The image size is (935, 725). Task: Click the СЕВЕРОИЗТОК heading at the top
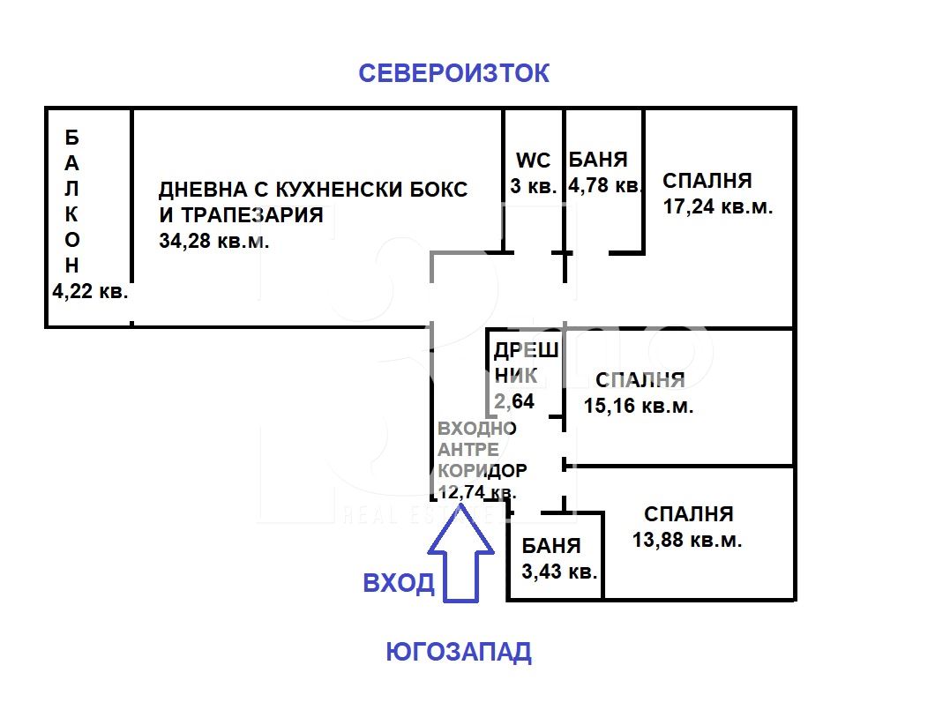click(x=453, y=73)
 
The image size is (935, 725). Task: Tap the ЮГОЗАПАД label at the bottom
click(x=459, y=653)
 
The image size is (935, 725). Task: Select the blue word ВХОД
click(x=400, y=583)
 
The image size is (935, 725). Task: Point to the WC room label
click(x=534, y=161)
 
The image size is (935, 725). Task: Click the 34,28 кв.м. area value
click(x=214, y=241)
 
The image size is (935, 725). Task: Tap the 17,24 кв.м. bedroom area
click(x=717, y=208)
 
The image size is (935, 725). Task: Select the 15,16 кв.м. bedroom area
click(x=639, y=407)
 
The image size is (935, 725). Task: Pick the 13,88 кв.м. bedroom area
click(x=687, y=541)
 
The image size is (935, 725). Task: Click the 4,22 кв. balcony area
click(x=90, y=292)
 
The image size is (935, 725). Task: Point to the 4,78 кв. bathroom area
click(x=604, y=186)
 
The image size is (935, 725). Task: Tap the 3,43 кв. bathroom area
click(x=560, y=571)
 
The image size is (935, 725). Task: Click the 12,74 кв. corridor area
click(x=477, y=492)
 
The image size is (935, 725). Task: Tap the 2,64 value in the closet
click(x=513, y=402)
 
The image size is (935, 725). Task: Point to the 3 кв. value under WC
click(x=533, y=186)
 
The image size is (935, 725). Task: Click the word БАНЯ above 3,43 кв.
click(x=551, y=545)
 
